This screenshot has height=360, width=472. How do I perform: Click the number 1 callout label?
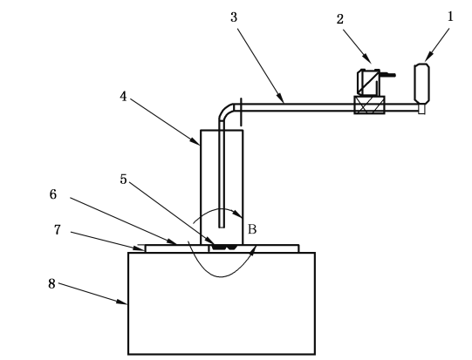click(450, 17)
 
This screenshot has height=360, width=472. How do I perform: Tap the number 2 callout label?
click(340, 19)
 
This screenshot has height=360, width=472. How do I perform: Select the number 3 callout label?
click(234, 17)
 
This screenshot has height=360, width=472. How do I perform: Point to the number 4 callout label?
click(123, 97)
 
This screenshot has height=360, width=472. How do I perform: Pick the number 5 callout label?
click(123, 179)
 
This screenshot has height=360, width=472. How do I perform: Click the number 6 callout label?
click(53, 194)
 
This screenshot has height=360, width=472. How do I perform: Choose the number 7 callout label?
click(58, 230)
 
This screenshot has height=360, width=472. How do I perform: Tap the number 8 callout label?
click(51, 283)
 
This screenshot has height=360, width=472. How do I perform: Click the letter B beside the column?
click(252, 229)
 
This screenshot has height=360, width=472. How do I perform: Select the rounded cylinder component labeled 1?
click(422, 84)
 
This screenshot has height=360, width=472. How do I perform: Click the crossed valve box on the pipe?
click(369, 105)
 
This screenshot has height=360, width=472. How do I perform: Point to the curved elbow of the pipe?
click(226, 112)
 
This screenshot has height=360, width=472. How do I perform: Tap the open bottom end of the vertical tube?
click(222, 227)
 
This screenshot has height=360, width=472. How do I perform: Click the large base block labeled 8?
click(222, 303)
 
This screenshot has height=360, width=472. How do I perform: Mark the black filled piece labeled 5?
click(223, 248)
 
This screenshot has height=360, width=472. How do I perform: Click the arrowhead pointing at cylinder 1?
click(428, 57)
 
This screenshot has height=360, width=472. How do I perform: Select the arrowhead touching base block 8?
click(122, 302)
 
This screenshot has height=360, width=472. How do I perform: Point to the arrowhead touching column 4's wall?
click(195, 140)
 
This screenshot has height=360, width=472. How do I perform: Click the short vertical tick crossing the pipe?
click(241, 112)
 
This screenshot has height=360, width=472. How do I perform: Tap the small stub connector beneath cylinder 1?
click(421, 109)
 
